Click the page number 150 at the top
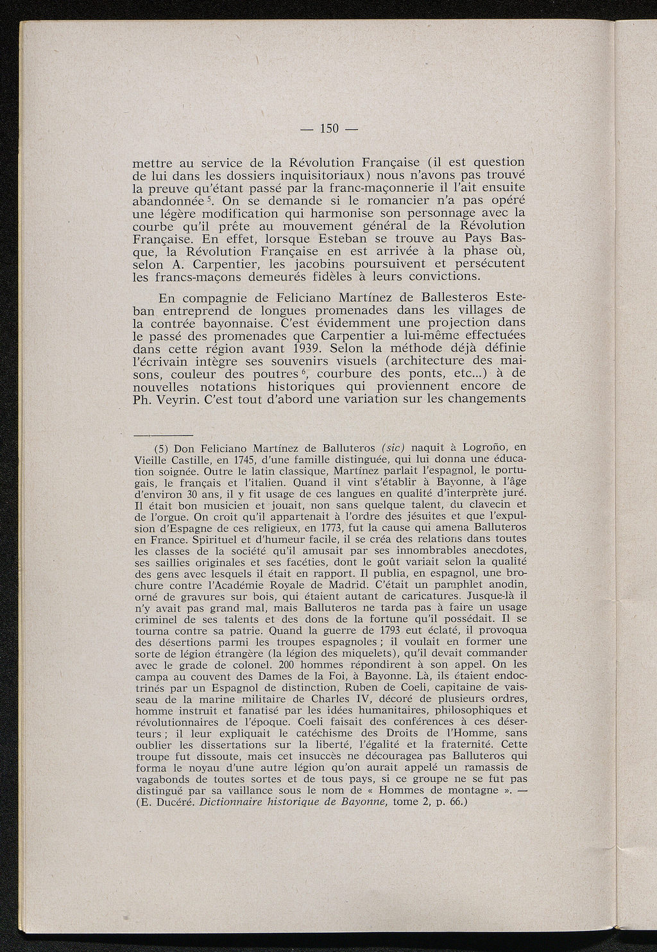328,128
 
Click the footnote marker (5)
162,447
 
